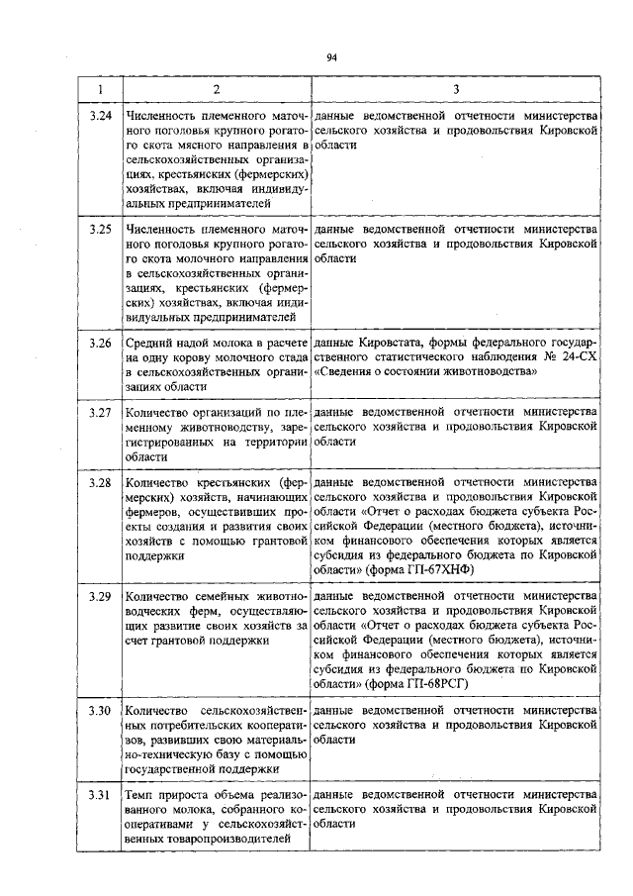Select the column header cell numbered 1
click(x=99, y=90)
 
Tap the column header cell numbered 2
click(x=217, y=90)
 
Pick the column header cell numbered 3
click(x=455, y=90)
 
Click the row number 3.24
click(x=99, y=116)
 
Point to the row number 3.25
click(x=99, y=229)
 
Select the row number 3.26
click(x=99, y=343)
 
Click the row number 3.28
click(x=99, y=482)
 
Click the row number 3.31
click(x=99, y=795)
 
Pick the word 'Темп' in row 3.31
click(x=140, y=795)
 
